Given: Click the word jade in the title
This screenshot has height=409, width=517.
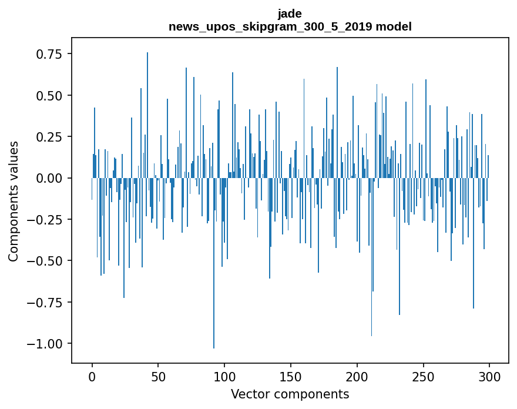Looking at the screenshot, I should pos(290,14).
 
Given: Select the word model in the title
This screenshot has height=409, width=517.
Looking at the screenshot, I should pos(395,26).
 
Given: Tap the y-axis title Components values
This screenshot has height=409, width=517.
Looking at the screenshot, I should pos(14,201).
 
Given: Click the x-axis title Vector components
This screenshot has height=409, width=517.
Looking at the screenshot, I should pos(290,394).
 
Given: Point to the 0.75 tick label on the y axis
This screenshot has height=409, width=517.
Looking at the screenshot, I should pos(45,54).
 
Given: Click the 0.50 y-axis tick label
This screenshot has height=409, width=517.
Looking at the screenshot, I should pos(45,95).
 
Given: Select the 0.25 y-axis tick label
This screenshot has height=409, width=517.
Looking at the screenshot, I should pos(45,137).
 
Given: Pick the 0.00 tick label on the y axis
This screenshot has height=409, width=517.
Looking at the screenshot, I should pos(45,178).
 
